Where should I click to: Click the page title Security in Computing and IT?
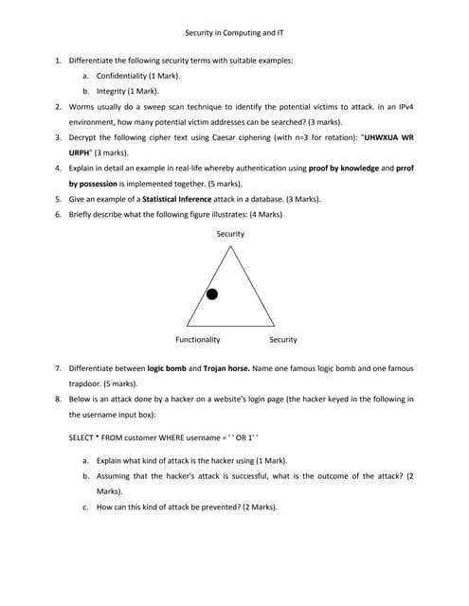(234, 32)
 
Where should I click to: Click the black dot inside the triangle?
(212, 294)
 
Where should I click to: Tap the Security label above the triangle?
(230, 233)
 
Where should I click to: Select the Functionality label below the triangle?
(198, 339)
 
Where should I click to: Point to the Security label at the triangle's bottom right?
(282, 339)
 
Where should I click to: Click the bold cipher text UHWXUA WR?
(387, 137)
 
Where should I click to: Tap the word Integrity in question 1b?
(114, 91)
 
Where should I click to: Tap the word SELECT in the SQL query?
(82, 439)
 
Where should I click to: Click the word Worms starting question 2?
(82, 106)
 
